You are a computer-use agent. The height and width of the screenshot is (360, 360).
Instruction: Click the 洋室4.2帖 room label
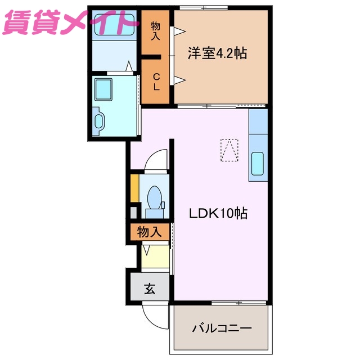click(x=217, y=54)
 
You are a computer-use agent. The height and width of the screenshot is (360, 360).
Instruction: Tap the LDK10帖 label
click(x=218, y=213)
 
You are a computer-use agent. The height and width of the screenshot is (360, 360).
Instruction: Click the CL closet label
click(x=156, y=82)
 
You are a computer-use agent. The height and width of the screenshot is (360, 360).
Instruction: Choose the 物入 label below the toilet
click(x=150, y=231)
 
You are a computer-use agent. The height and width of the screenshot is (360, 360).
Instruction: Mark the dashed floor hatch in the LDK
click(x=229, y=150)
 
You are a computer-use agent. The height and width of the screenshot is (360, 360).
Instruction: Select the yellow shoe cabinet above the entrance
click(x=155, y=256)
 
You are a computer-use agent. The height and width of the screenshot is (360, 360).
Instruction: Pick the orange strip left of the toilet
click(x=134, y=189)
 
